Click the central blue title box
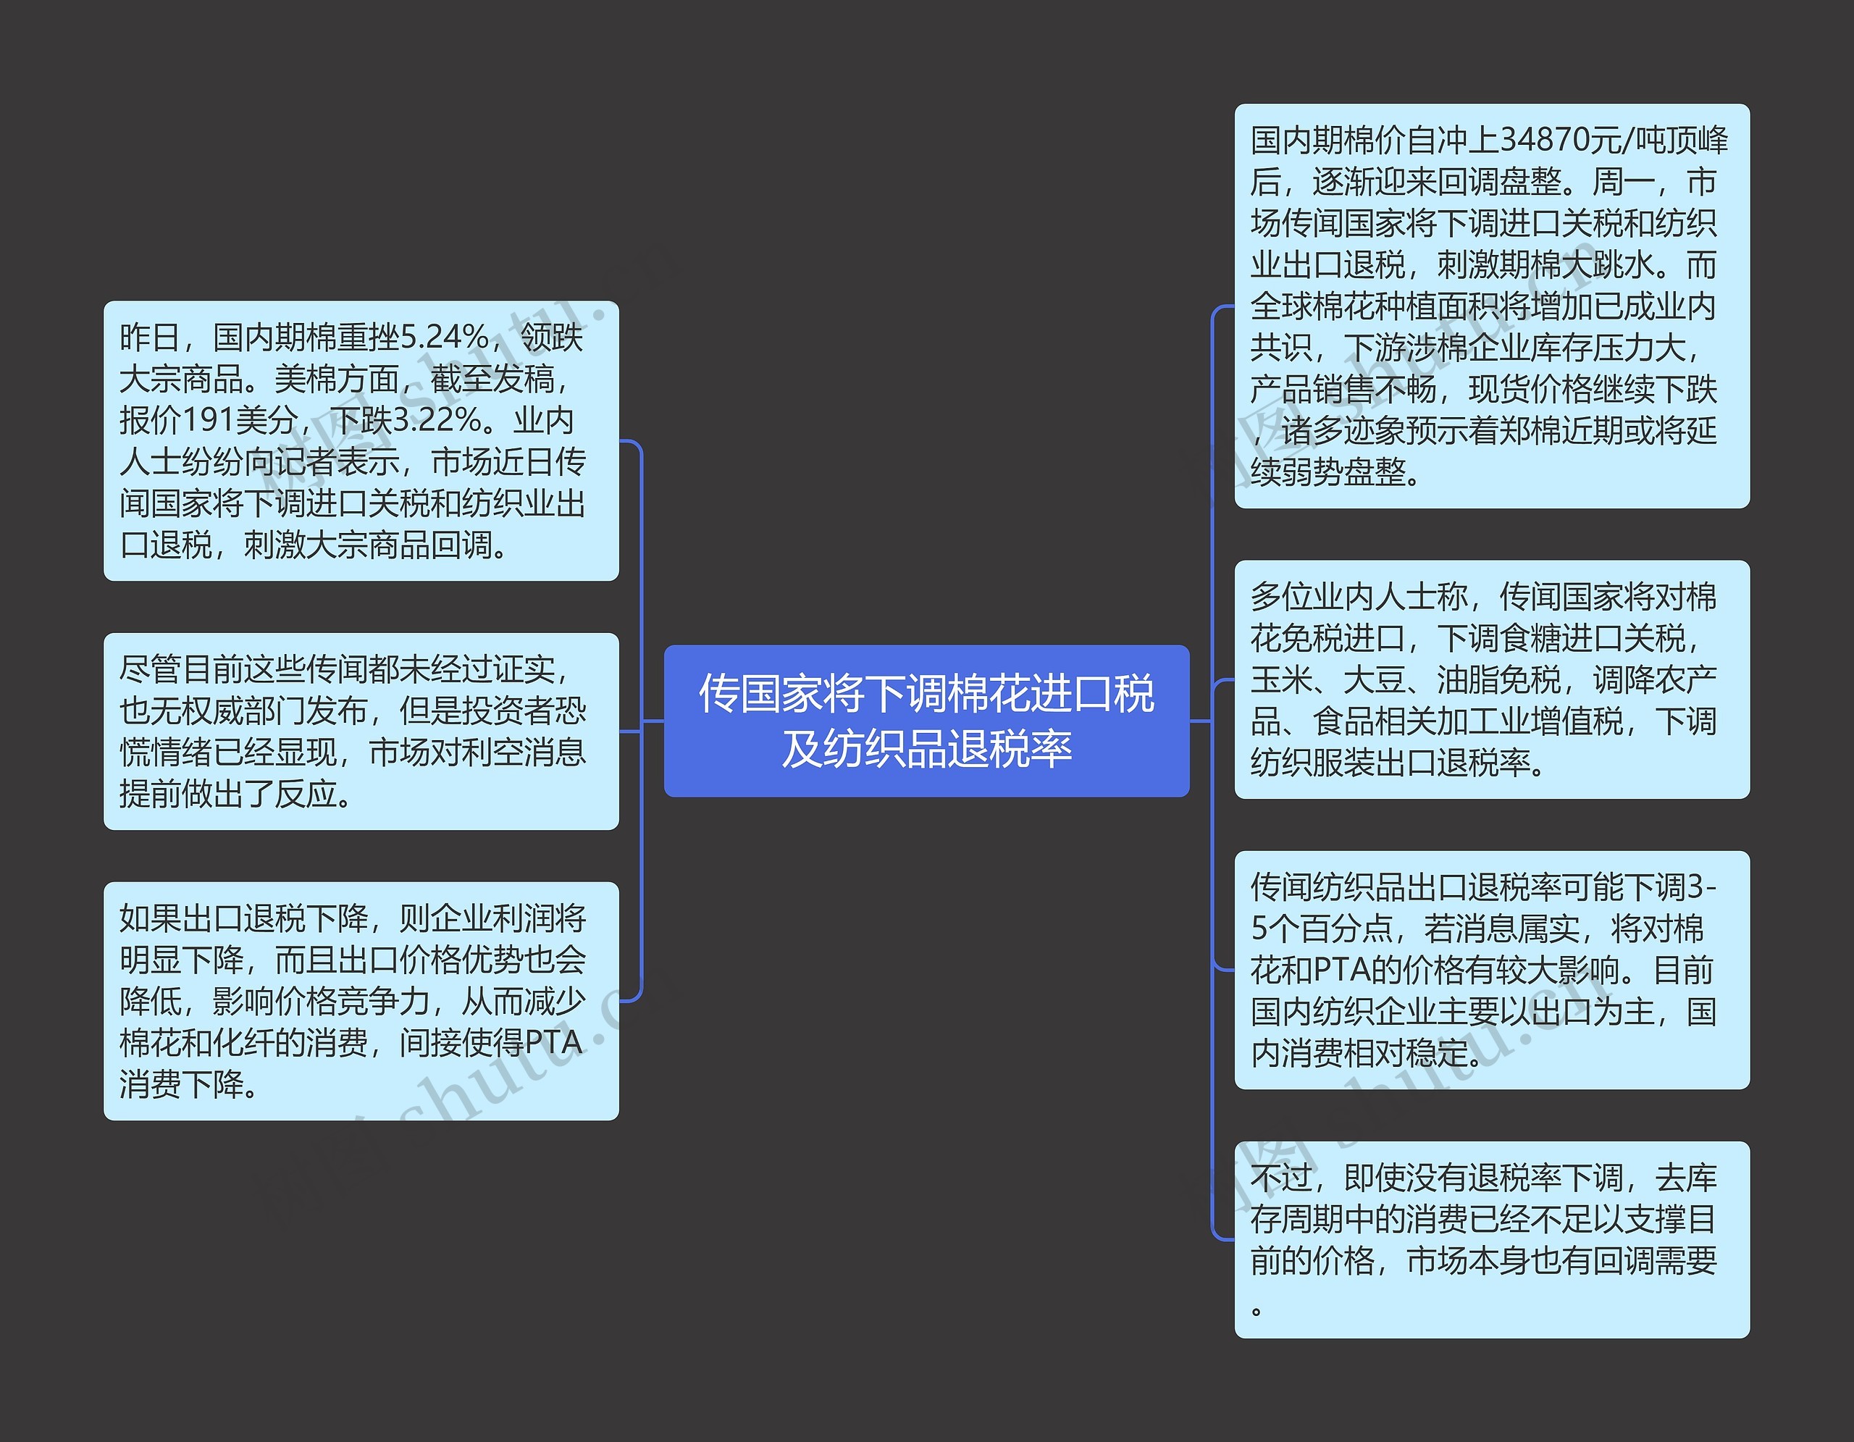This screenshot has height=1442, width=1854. click(926, 721)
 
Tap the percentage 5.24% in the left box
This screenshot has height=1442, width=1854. click(444, 337)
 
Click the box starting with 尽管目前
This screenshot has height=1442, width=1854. click(361, 731)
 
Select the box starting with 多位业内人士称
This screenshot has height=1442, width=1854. click(1491, 679)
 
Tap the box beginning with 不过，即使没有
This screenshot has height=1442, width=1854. click(1491, 1239)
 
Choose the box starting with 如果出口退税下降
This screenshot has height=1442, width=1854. click(361, 1001)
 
